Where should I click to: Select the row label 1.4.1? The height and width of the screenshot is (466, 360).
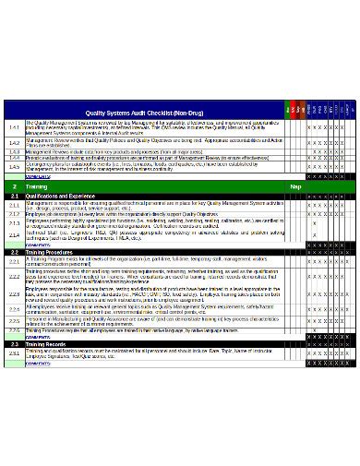click(14, 126)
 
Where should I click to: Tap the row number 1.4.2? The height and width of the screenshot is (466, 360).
click(14, 143)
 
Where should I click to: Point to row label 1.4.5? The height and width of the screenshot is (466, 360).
click(14, 167)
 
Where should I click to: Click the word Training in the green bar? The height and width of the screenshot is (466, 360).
click(37, 186)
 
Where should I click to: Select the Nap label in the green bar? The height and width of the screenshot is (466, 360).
click(295, 186)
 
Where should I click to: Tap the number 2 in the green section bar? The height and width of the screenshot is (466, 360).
click(14, 186)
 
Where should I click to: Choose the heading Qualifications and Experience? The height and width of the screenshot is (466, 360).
click(66, 197)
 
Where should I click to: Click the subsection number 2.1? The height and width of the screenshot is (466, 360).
click(14, 197)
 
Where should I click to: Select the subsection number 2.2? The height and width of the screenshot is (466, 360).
click(14, 251)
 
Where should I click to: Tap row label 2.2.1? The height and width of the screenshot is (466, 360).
click(14, 261)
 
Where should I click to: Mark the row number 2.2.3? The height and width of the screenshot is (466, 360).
click(14, 294)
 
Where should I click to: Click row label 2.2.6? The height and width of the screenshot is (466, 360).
click(14, 329)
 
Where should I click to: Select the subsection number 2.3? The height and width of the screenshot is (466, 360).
click(14, 343)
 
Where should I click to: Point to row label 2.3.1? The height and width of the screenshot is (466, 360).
click(14, 353)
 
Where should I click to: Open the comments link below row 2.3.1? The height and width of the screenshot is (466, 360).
click(38, 364)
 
